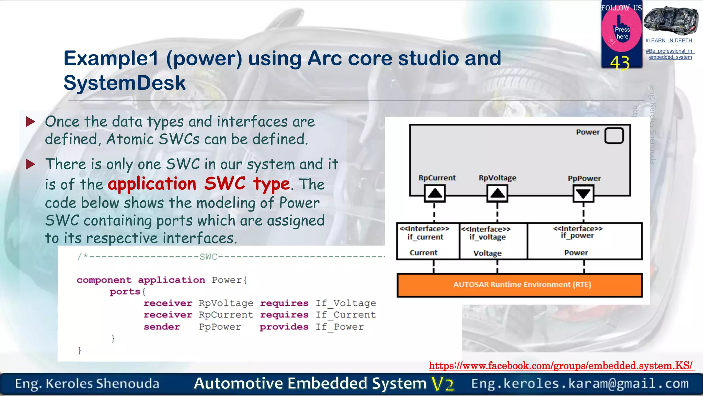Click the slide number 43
(620, 63)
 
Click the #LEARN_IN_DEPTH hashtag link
(669, 41)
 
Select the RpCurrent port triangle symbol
(435, 193)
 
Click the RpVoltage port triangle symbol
(497, 193)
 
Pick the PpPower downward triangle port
(583, 194)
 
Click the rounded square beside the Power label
(614, 135)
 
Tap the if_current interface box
(428, 241)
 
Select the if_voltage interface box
(493, 241)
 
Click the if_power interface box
(584, 241)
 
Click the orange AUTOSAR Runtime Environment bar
(519, 285)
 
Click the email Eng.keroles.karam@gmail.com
(580, 384)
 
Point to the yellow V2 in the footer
(443, 384)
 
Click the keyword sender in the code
(162, 327)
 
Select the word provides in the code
(284, 327)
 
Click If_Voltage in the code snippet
(346, 303)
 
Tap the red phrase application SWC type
(199, 184)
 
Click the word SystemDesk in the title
(124, 83)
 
